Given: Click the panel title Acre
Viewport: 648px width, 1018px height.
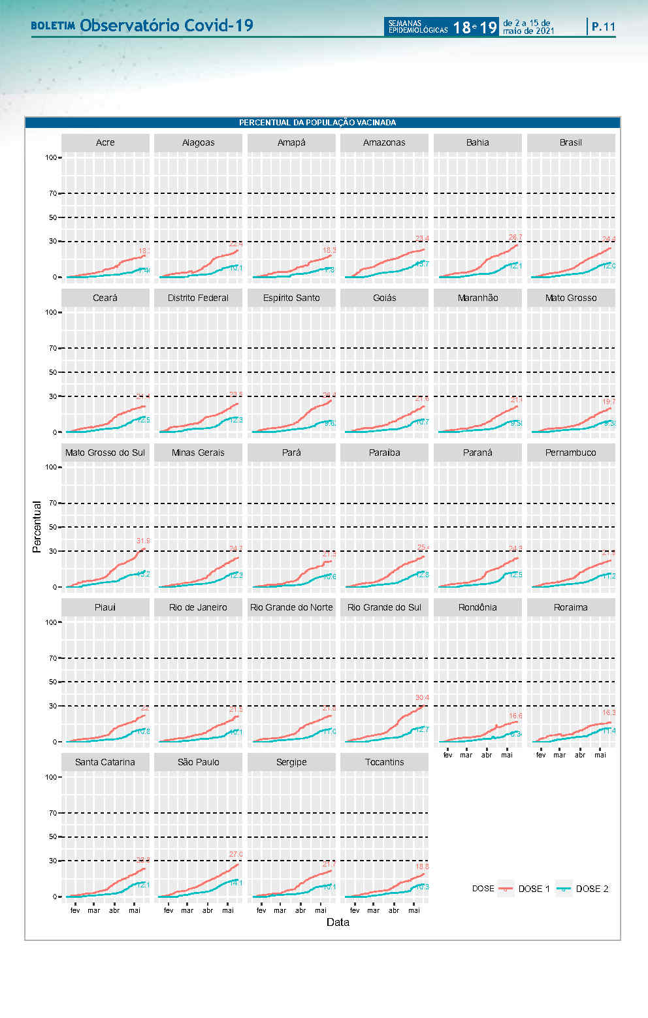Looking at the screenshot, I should tap(105, 142).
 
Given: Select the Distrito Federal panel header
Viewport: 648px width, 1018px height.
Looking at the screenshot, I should tap(198, 298).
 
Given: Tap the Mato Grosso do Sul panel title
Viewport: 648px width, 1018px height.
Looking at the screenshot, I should tap(105, 453).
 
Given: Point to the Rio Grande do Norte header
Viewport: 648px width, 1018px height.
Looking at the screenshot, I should tap(291, 607).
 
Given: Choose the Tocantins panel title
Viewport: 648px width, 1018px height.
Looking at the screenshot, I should tap(384, 762).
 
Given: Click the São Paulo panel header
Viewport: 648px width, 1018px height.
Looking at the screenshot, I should tap(198, 762).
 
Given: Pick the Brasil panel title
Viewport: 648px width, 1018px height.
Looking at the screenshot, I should tap(570, 142).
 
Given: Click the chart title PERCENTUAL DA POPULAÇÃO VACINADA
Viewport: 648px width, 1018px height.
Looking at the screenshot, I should tap(317, 123).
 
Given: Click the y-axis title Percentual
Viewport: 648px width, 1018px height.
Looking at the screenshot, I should tap(37, 527).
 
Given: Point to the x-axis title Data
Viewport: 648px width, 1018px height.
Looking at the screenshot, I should tap(338, 922).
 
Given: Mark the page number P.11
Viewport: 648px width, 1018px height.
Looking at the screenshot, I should tap(604, 27).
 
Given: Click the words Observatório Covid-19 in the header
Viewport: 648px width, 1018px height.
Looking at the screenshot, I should tap(167, 25).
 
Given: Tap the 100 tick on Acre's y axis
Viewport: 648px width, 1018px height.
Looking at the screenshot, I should tap(51, 157).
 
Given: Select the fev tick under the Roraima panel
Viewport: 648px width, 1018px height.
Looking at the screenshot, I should tap(541, 755).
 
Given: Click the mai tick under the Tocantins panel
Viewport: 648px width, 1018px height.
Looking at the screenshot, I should tap(413, 910).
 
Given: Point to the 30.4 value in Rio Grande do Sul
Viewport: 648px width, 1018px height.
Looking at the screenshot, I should tap(422, 698).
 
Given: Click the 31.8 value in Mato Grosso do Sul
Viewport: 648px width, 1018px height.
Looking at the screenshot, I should tap(143, 541).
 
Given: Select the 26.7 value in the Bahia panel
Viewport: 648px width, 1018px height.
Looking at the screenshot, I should tap(515, 238).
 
